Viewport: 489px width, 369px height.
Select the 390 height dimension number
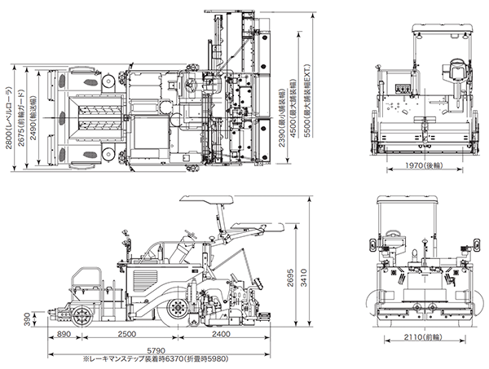tap(27, 318)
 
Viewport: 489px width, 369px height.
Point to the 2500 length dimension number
tap(126, 335)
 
